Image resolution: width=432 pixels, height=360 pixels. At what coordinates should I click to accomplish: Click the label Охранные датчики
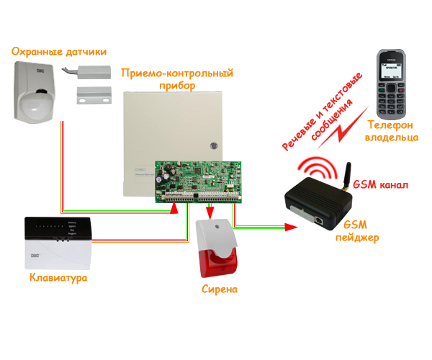point(59,52)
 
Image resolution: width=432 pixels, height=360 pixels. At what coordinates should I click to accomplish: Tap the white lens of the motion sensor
point(36,105)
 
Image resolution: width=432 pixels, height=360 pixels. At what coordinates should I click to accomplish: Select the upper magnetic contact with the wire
point(86,71)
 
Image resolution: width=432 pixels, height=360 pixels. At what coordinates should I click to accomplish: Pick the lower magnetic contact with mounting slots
point(94,95)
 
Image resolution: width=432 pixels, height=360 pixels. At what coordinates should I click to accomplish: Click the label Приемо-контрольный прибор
point(177,79)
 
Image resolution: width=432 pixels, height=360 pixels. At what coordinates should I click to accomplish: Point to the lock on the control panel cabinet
point(214,145)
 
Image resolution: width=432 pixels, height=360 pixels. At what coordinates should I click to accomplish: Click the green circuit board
point(198,182)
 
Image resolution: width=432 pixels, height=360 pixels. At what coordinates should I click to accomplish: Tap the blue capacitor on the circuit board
point(167,177)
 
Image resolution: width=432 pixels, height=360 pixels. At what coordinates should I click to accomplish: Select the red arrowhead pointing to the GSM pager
point(291,227)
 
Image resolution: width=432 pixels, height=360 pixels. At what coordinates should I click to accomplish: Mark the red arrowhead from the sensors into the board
point(174,208)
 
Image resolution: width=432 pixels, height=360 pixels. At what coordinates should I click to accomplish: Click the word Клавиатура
point(58,278)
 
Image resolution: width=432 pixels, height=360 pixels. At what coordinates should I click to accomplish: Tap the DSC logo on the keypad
point(35,256)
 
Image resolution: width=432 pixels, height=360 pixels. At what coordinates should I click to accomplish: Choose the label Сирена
point(220,289)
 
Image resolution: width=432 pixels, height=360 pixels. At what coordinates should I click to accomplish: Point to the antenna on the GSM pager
point(347,176)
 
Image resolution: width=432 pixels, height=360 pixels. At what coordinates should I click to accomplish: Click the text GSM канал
point(380,184)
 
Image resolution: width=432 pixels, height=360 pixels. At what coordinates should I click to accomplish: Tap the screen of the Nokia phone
point(391,71)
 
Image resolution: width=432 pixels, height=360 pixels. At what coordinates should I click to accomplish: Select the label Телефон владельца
point(391,131)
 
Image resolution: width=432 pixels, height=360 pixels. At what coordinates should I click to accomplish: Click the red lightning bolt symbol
point(343,128)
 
